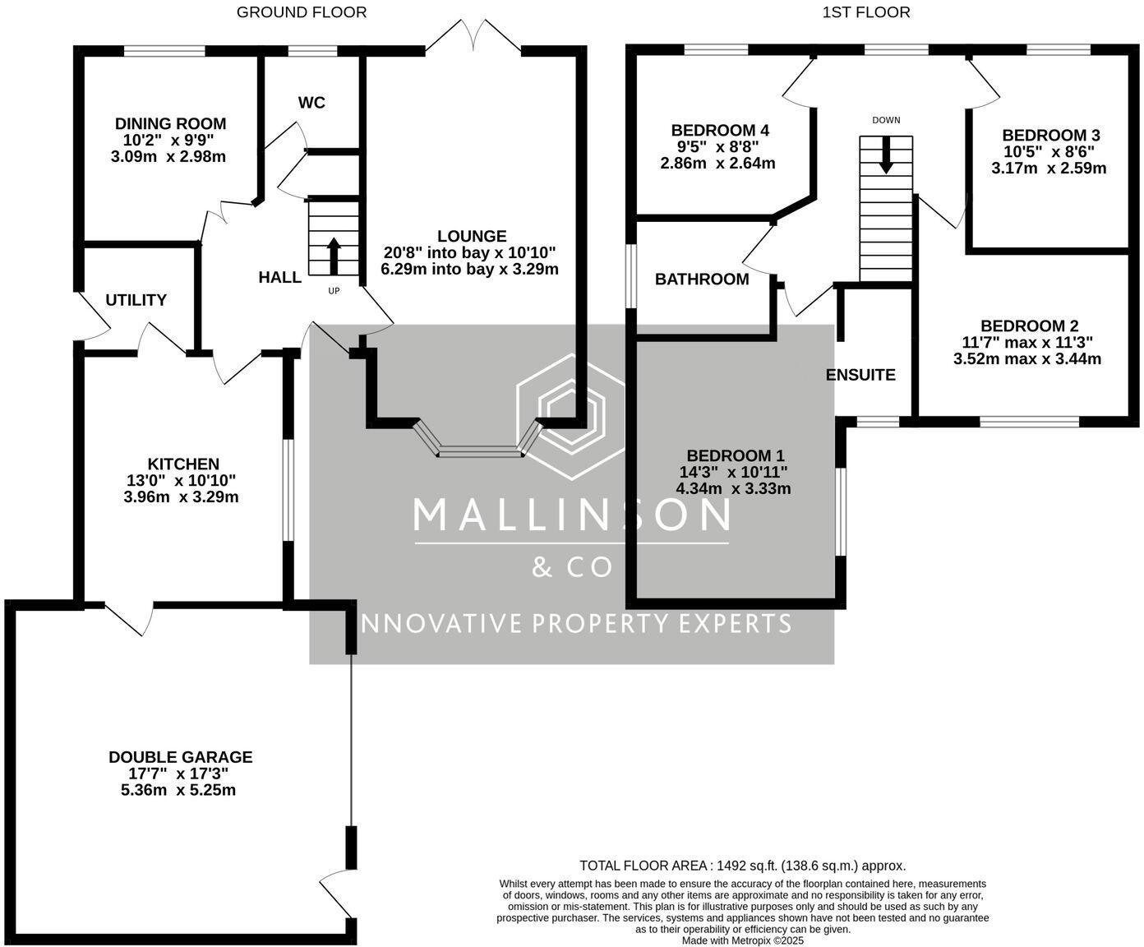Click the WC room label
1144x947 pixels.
pyautogui.click(x=311, y=103)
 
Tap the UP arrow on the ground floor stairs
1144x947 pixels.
pyautogui.click(x=334, y=256)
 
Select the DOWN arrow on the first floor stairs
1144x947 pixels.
pyautogui.click(x=886, y=155)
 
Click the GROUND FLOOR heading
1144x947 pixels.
pyautogui.click(x=302, y=12)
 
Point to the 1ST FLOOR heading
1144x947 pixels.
pyautogui.click(x=865, y=12)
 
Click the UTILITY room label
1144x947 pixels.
pyautogui.click(x=136, y=300)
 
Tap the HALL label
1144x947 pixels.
pyautogui.click(x=280, y=277)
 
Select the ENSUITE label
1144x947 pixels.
pyautogui.click(x=860, y=375)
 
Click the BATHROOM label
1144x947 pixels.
pyautogui.click(x=702, y=279)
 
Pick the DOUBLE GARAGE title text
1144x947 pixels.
pyautogui.click(x=181, y=757)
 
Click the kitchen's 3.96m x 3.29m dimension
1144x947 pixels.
pyautogui.click(x=182, y=497)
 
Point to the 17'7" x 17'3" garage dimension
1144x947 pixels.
pyautogui.click(x=178, y=774)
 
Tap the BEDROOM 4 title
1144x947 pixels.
pyautogui.click(x=720, y=131)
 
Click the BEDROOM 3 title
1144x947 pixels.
pyautogui.click(x=1051, y=136)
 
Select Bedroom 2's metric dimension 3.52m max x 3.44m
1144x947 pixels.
pyautogui.click(x=1027, y=359)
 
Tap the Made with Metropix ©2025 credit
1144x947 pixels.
pyautogui.click(x=742, y=940)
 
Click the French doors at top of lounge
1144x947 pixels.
pyautogui.click(x=473, y=37)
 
